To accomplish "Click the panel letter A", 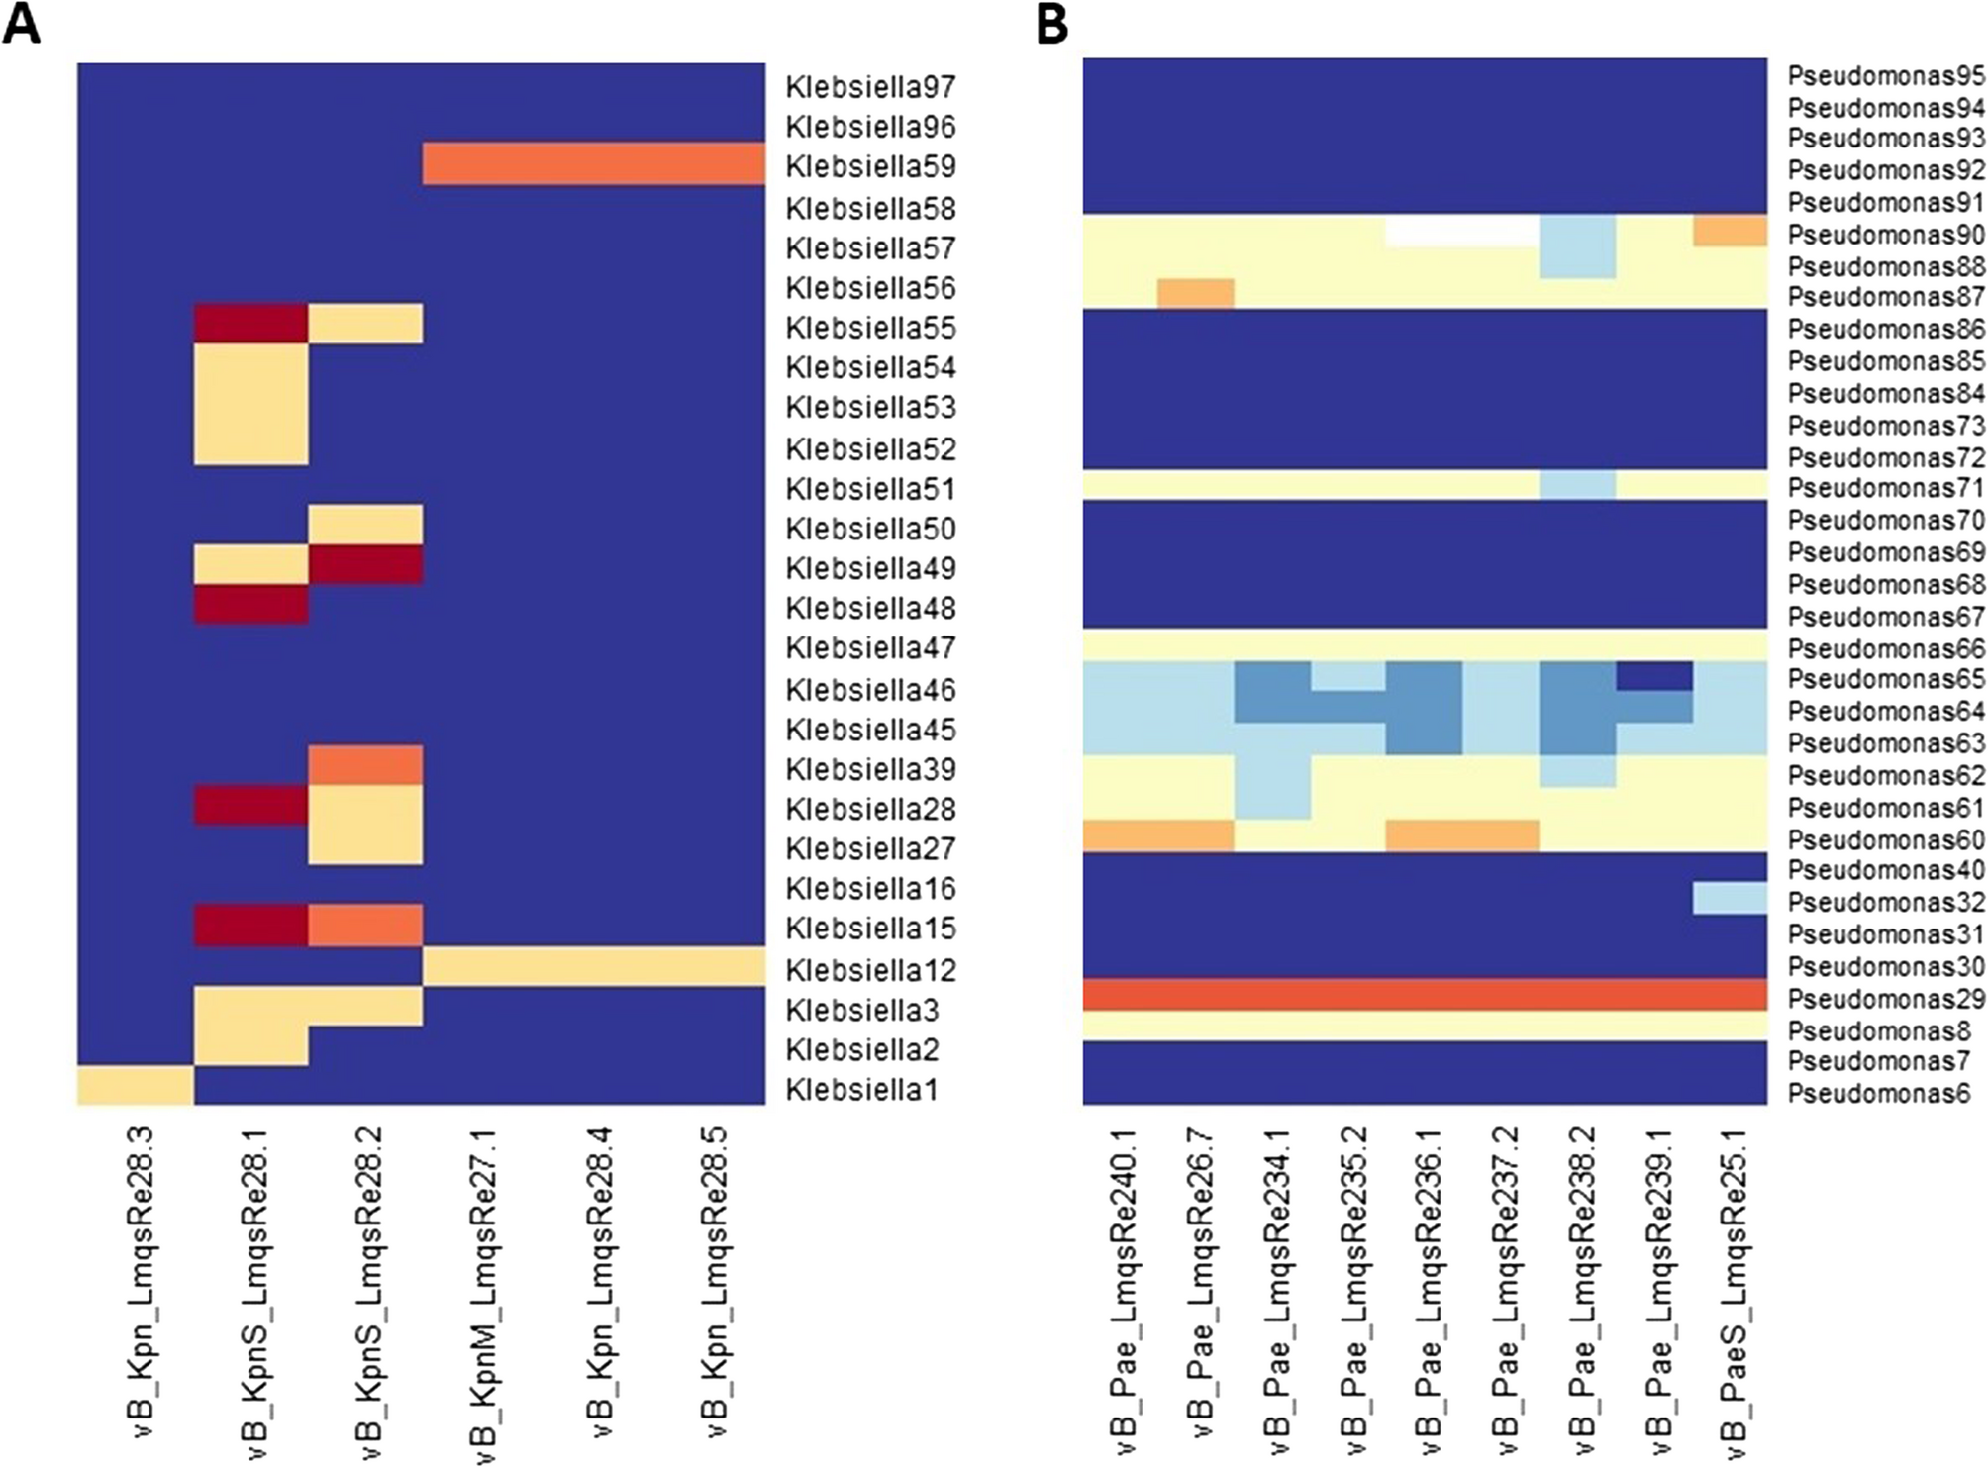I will click(x=22, y=24).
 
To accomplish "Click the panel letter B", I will click(x=1051, y=24).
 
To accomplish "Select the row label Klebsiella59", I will click(x=870, y=166).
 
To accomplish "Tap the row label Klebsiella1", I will click(x=860, y=1090).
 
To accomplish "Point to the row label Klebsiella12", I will click(x=870, y=970).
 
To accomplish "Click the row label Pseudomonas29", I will click(x=1885, y=998).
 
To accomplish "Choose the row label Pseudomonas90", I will click(x=1885, y=235).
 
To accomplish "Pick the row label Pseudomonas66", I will click(x=1885, y=648).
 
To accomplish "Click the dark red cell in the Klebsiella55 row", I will click(x=250, y=324).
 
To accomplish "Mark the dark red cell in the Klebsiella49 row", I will click(x=365, y=564).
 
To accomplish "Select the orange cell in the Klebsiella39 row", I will click(x=365, y=765).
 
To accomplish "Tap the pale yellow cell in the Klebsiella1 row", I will click(x=136, y=1085).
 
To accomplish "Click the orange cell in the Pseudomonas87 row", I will click(x=1196, y=294).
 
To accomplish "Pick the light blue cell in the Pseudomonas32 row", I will click(x=1730, y=899).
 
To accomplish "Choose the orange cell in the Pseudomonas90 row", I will click(x=1730, y=231).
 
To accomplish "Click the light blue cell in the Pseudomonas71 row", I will click(x=1578, y=485).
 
